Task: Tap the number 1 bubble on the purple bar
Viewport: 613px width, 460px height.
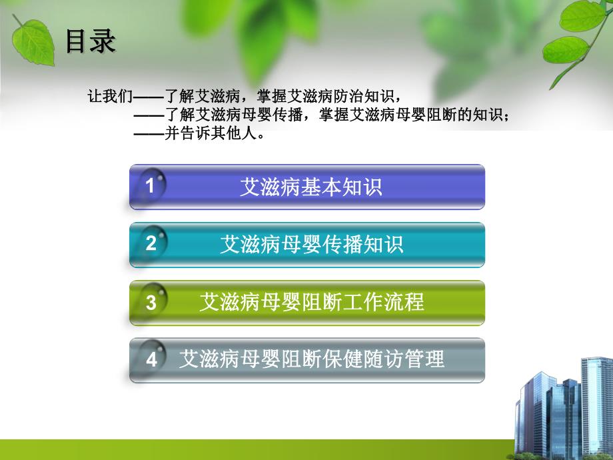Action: pos(151,186)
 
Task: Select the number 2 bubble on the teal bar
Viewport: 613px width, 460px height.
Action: pos(151,244)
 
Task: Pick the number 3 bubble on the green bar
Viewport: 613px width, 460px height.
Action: pos(151,303)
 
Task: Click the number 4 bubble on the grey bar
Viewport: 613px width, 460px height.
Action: pos(151,360)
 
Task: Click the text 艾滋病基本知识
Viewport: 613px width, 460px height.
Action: pos(310,187)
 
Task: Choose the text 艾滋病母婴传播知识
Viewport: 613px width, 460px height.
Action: pos(311,245)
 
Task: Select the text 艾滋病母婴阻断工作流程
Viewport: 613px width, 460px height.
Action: pos(311,303)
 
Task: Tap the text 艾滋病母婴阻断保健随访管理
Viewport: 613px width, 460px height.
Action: pos(311,360)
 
